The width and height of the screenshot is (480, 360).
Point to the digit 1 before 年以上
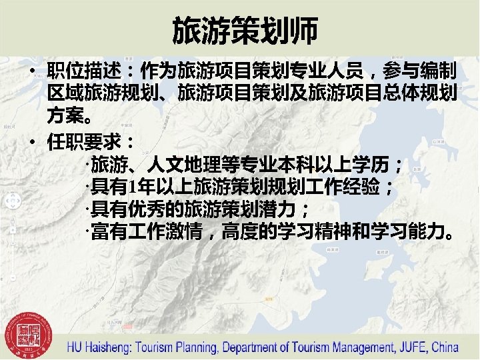(x=135, y=188)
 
